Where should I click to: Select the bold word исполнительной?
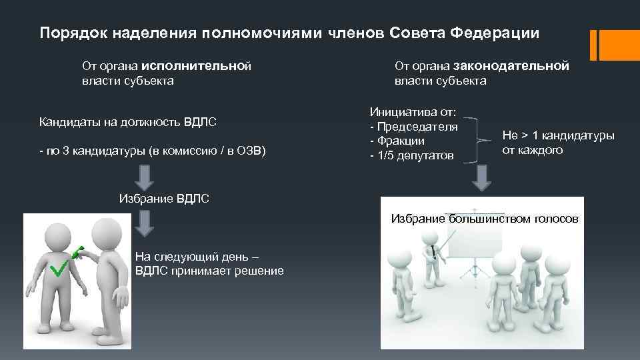coord(196,66)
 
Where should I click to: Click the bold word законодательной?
coord(511,66)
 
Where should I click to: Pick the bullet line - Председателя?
coord(413,127)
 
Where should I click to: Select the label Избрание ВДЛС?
coord(163,198)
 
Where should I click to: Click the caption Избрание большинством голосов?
coord(484,219)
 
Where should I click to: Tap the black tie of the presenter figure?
coord(434,252)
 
